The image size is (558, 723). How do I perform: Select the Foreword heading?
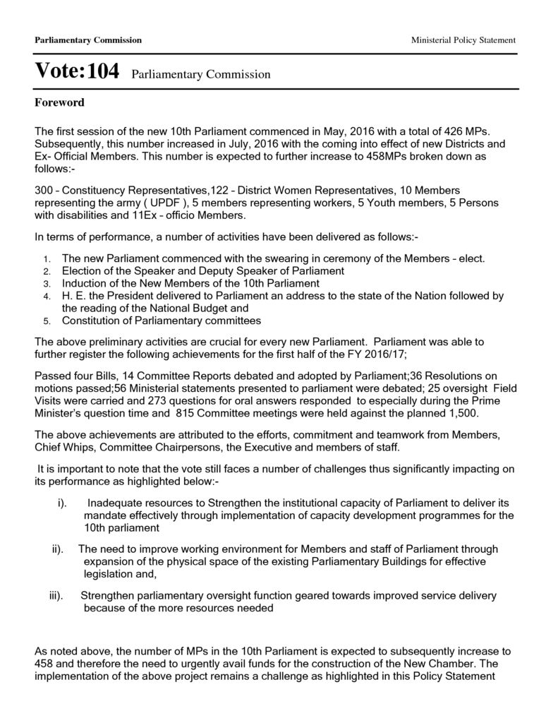coord(59,103)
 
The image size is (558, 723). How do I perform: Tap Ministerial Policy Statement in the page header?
coord(463,40)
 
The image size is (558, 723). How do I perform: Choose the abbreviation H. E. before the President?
coord(75,297)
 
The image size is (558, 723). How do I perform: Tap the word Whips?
coord(77,448)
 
